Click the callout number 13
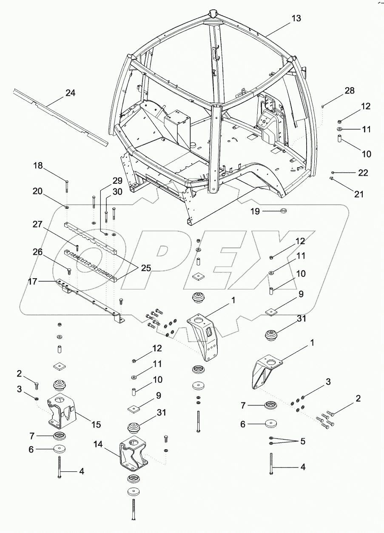pyautogui.click(x=296, y=18)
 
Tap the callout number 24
pyautogui.click(x=70, y=93)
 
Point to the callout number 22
pyautogui.click(x=363, y=173)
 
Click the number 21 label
pyautogui.click(x=359, y=194)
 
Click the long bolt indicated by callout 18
pyautogui.click(x=67, y=187)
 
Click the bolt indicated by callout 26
pyautogui.click(x=69, y=269)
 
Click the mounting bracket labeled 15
pyautogui.click(x=60, y=410)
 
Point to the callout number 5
pyautogui.click(x=302, y=442)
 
